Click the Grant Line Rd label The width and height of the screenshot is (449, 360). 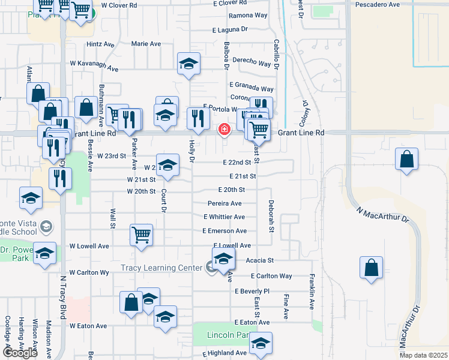tap(300, 132)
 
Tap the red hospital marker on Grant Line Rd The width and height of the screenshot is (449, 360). tap(224, 129)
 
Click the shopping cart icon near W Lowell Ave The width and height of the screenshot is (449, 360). tap(142, 235)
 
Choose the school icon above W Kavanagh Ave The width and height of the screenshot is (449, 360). tap(188, 64)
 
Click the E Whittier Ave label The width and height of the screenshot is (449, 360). tap(224, 217)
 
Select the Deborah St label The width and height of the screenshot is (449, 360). tap(271, 217)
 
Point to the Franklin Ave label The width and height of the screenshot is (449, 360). tap(312, 292)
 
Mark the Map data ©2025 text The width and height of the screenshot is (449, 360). tap(423, 355)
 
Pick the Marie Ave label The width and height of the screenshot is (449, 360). tap(146, 44)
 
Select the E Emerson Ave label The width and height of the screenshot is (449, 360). tap(224, 231)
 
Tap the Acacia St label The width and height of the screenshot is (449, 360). tap(260, 260)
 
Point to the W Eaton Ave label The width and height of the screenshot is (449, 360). tap(88, 326)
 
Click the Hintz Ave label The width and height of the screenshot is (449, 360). tap(100, 44)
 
